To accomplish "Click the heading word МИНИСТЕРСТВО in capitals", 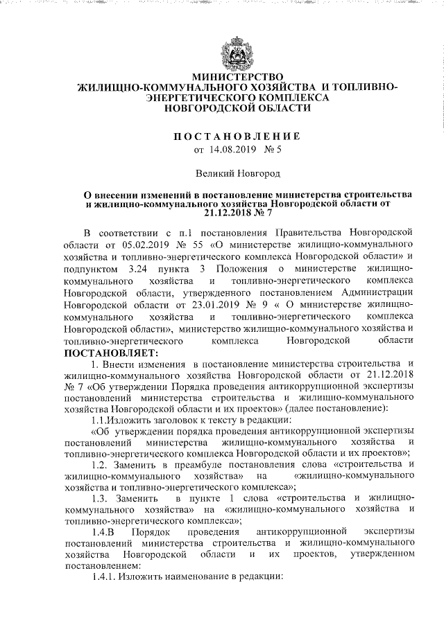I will (x=237, y=77).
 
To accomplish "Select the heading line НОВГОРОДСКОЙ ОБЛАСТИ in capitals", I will (x=237, y=109).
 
